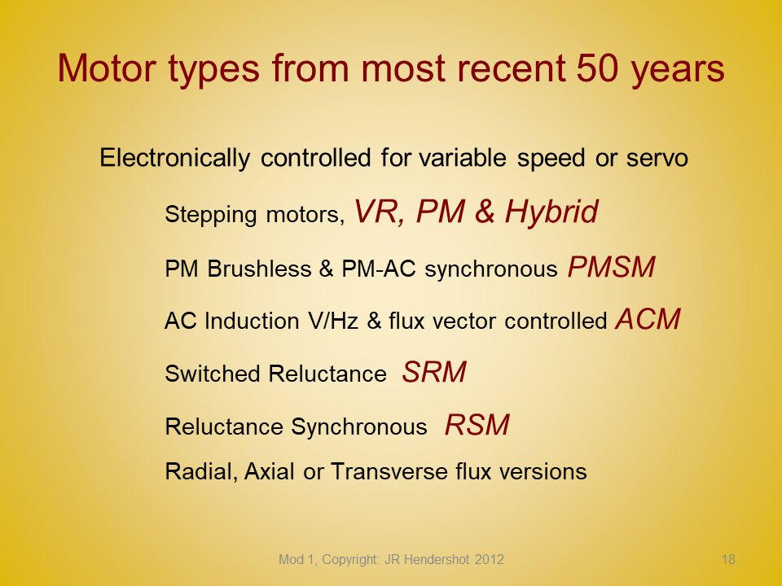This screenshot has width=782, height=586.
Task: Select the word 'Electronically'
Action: [x=174, y=158]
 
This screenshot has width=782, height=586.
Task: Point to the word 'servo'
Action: [x=657, y=159]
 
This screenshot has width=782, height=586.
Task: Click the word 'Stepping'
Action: [x=211, y=215]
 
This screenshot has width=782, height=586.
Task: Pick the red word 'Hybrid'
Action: [x=551, y=212]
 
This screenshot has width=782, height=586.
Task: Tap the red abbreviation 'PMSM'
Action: [x=612, y=267]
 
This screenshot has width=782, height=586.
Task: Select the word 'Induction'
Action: [x=252, y=321]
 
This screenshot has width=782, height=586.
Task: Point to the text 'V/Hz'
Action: [x=333, y=321]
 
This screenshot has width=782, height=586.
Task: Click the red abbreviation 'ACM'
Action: [x=648, y=319]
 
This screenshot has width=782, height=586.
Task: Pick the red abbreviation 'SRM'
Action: [x=434, y=372]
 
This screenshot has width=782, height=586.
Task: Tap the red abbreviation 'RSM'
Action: [x=477, y=425]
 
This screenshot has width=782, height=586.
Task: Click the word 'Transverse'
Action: [x=389, y=471]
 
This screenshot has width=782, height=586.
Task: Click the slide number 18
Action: [x=728, y=560]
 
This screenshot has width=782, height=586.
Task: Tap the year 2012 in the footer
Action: [x=490, y=560]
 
